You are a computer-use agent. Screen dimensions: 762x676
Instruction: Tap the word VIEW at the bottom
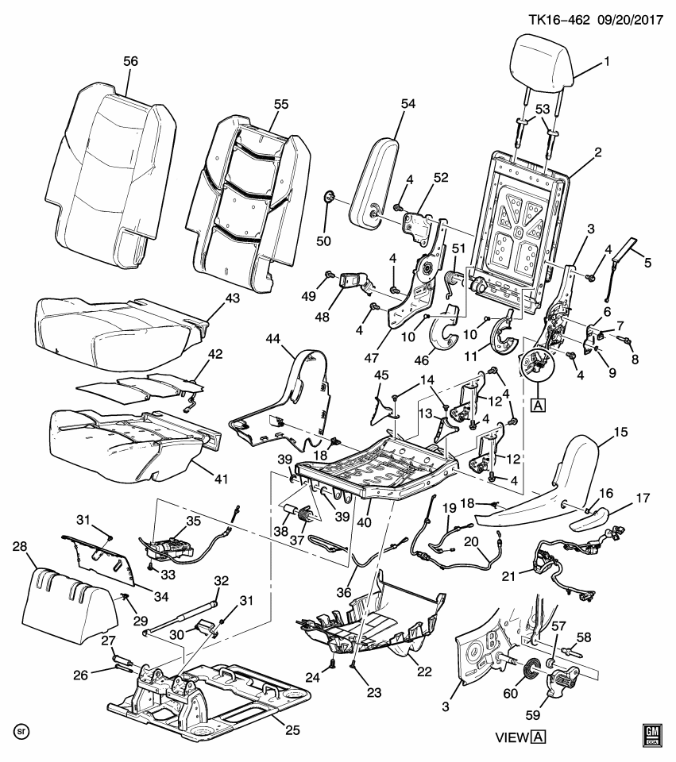point(512,737)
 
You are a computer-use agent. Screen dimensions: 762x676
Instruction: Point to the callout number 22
point(424,672)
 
